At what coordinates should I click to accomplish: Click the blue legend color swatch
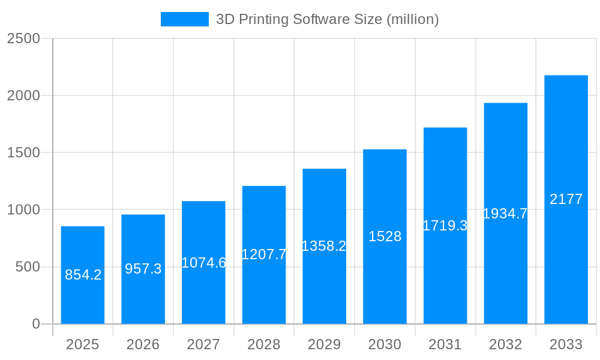click(x=184, y=19)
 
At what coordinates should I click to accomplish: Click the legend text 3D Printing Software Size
click(x=328, y=19)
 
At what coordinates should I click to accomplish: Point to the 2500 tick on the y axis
click(x=23, y=38)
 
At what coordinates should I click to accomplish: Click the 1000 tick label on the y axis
click(x=23, y=210)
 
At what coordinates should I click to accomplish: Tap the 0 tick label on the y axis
click(x=35, y=324)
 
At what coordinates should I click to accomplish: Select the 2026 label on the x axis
click(x=143, y=344)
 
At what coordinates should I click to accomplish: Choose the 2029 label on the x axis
click(x=324, y=344)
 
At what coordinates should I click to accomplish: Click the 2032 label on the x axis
click(x=505, y=344)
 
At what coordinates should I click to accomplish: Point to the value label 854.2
click(x=83, y=275)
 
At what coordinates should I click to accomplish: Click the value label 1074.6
click(x=203, y=263)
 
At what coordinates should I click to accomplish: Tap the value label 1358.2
click(x=324, y=246)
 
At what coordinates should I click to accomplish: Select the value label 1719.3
click(x=445, y=226)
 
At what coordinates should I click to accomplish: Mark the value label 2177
click(x=566, y=199)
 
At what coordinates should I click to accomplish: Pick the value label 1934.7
click(x=505, y=214)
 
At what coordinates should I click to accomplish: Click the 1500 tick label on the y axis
click(x=23, y=153)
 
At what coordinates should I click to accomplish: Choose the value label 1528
click(x=385, y=236)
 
